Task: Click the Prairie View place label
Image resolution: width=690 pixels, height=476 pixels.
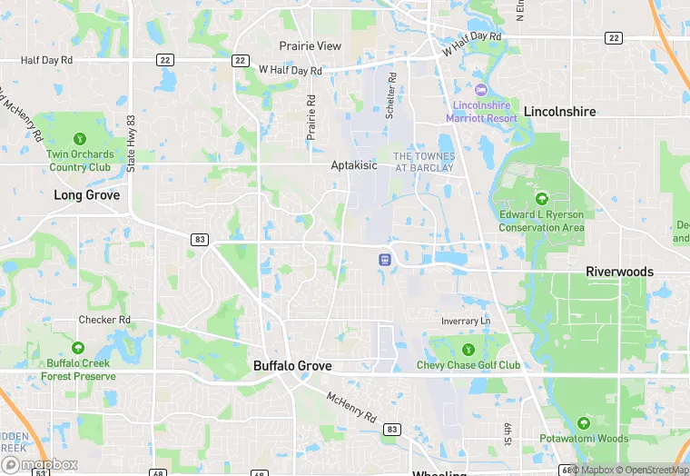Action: click(310, 45)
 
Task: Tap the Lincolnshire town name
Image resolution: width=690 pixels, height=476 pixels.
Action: click(559, 112)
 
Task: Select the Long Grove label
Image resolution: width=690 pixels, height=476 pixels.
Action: click(87, 194)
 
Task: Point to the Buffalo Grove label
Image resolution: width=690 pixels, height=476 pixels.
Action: click(292, 366)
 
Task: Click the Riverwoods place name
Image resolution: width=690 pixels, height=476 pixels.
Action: click(619, 272)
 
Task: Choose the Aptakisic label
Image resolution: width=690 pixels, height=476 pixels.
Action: click(353, 167)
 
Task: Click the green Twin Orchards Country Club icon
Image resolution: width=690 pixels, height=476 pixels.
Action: click(80, 139)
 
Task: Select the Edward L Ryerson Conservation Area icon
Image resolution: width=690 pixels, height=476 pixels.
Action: click(542, 199)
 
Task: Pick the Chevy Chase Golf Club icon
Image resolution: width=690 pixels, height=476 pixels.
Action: click(468, 349)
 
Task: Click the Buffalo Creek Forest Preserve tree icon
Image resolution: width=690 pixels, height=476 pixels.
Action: click(78, 348)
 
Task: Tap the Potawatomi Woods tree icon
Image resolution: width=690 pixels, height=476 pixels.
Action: click(582, 422)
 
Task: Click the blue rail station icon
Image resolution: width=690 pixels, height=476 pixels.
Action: click(385, 259)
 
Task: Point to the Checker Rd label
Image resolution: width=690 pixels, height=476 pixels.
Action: click(104, 320)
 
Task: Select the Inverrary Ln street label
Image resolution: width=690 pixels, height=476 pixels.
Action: click(466, 322)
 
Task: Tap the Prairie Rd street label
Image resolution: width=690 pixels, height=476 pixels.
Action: click(310, 117)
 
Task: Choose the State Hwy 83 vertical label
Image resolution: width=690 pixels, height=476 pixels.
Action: click(132, 144)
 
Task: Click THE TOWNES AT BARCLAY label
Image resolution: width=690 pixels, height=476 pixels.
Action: click(422, 162)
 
